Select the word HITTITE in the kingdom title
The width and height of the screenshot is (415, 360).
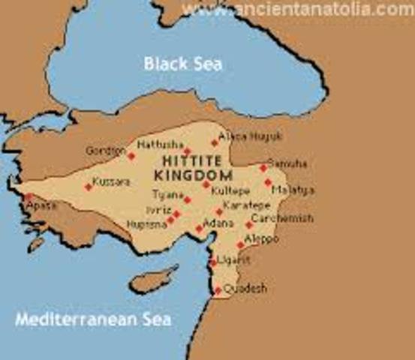click(185, 161)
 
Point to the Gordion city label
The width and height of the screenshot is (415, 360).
click(104, 151)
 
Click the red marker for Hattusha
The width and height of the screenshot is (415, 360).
click(187, 151)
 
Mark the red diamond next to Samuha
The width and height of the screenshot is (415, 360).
click(263, 168)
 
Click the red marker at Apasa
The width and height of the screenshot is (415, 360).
click(29, 198)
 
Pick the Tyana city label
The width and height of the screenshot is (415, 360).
click(168, 194)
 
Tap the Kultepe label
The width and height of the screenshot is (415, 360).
click(228, 191)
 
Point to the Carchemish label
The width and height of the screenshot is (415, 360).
click(282, 219)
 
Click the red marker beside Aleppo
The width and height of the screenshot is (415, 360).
click(241, 244)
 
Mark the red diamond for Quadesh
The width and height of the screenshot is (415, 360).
click(218, 290)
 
